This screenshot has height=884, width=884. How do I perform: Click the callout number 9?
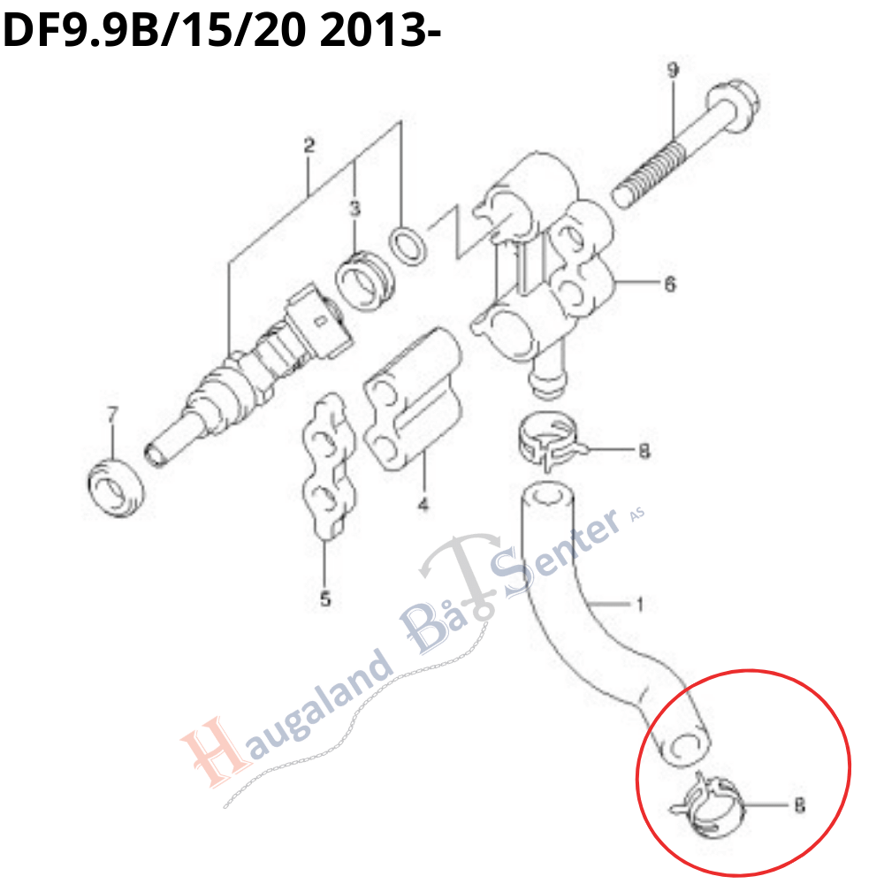click(673, 71)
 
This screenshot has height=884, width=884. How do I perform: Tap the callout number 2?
click(309, 146)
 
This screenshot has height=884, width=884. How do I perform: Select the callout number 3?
click(354, 209)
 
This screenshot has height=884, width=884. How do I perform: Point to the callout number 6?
click(670, 284)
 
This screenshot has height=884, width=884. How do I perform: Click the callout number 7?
click(113, 415)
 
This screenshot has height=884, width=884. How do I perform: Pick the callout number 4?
click(423, 504)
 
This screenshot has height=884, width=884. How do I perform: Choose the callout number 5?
click(325, 598)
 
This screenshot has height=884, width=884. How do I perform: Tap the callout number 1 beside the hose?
click(639, 605)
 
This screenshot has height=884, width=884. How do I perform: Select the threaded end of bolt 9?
click(648, 175)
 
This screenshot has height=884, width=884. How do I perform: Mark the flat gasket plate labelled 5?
click(328, 466)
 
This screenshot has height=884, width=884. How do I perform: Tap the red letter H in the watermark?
click(217, 750)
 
